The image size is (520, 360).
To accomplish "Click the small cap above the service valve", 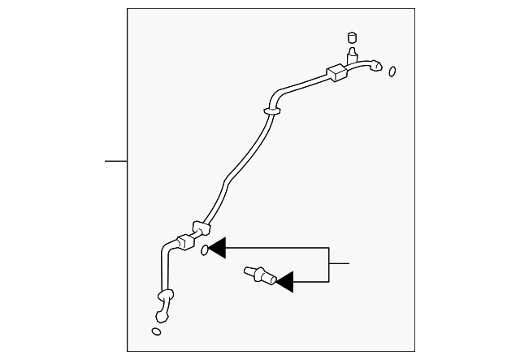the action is click(353, 37).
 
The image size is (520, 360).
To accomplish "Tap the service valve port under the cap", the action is click(353, 55).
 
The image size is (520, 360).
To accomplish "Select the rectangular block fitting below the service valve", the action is click(337, 73).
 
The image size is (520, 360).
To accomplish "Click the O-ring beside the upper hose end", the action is click(392, 72).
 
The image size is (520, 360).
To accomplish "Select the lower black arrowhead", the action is click(284, 282).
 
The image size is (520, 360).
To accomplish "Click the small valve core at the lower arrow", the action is click(258, 275).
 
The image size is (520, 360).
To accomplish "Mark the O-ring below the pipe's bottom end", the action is click(156, 331).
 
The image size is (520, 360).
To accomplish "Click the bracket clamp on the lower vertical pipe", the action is click(166, 296).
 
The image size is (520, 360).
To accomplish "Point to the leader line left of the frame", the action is click(116, 161).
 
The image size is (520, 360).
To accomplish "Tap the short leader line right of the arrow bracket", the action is click(339, 263).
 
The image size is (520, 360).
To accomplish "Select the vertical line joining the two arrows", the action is click(329, 265).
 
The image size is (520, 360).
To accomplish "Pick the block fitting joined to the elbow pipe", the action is click(184, 241).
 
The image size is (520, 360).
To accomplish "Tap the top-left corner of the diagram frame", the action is click(128, 9).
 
